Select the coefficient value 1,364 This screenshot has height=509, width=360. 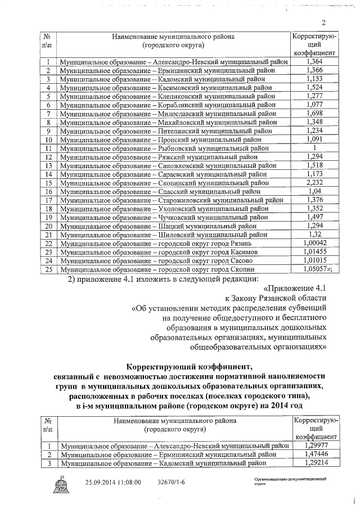point(315,62)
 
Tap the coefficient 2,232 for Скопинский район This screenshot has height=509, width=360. point(315,182)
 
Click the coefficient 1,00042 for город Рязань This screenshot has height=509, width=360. point(315,242)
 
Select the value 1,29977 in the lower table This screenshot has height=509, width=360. point(315,445)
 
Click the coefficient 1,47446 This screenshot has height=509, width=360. point(315,454)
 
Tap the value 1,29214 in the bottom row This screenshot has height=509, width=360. point(315,463)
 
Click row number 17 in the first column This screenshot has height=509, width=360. point(48,200)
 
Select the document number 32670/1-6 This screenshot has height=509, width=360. point(172,483)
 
